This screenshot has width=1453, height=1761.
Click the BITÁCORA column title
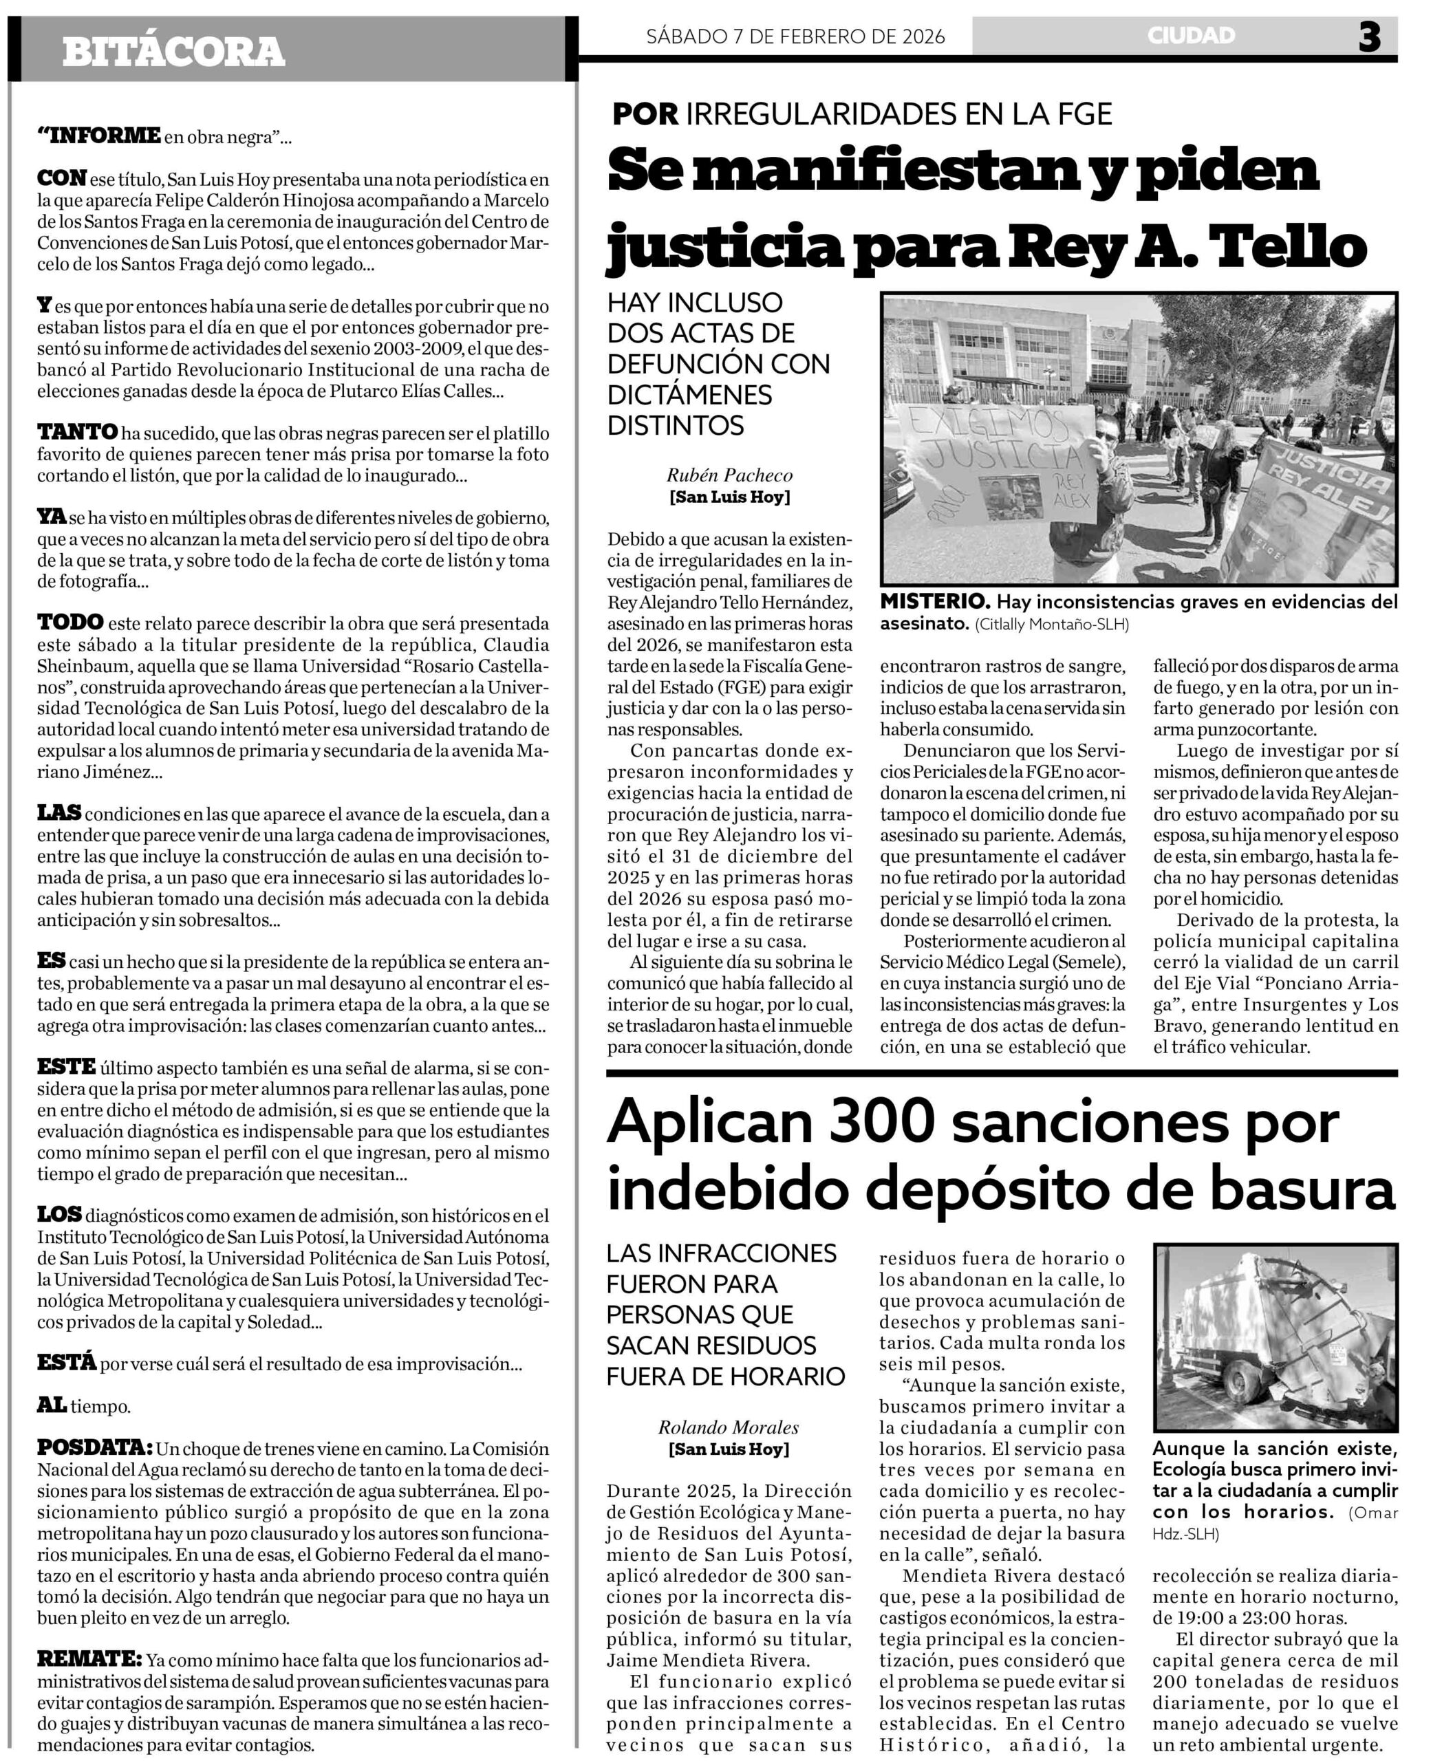(x=173, y=52)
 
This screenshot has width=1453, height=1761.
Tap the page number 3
(x=1368, y=38)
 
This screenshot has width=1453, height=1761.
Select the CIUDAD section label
(x=1190, y=36)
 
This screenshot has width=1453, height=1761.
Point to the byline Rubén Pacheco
(x=729, y=475)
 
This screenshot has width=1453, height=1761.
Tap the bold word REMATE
(x=89, y=1658)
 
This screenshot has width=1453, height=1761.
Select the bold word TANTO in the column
(x=78, y=433)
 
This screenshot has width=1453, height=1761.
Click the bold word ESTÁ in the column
(x=66, y=1363)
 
